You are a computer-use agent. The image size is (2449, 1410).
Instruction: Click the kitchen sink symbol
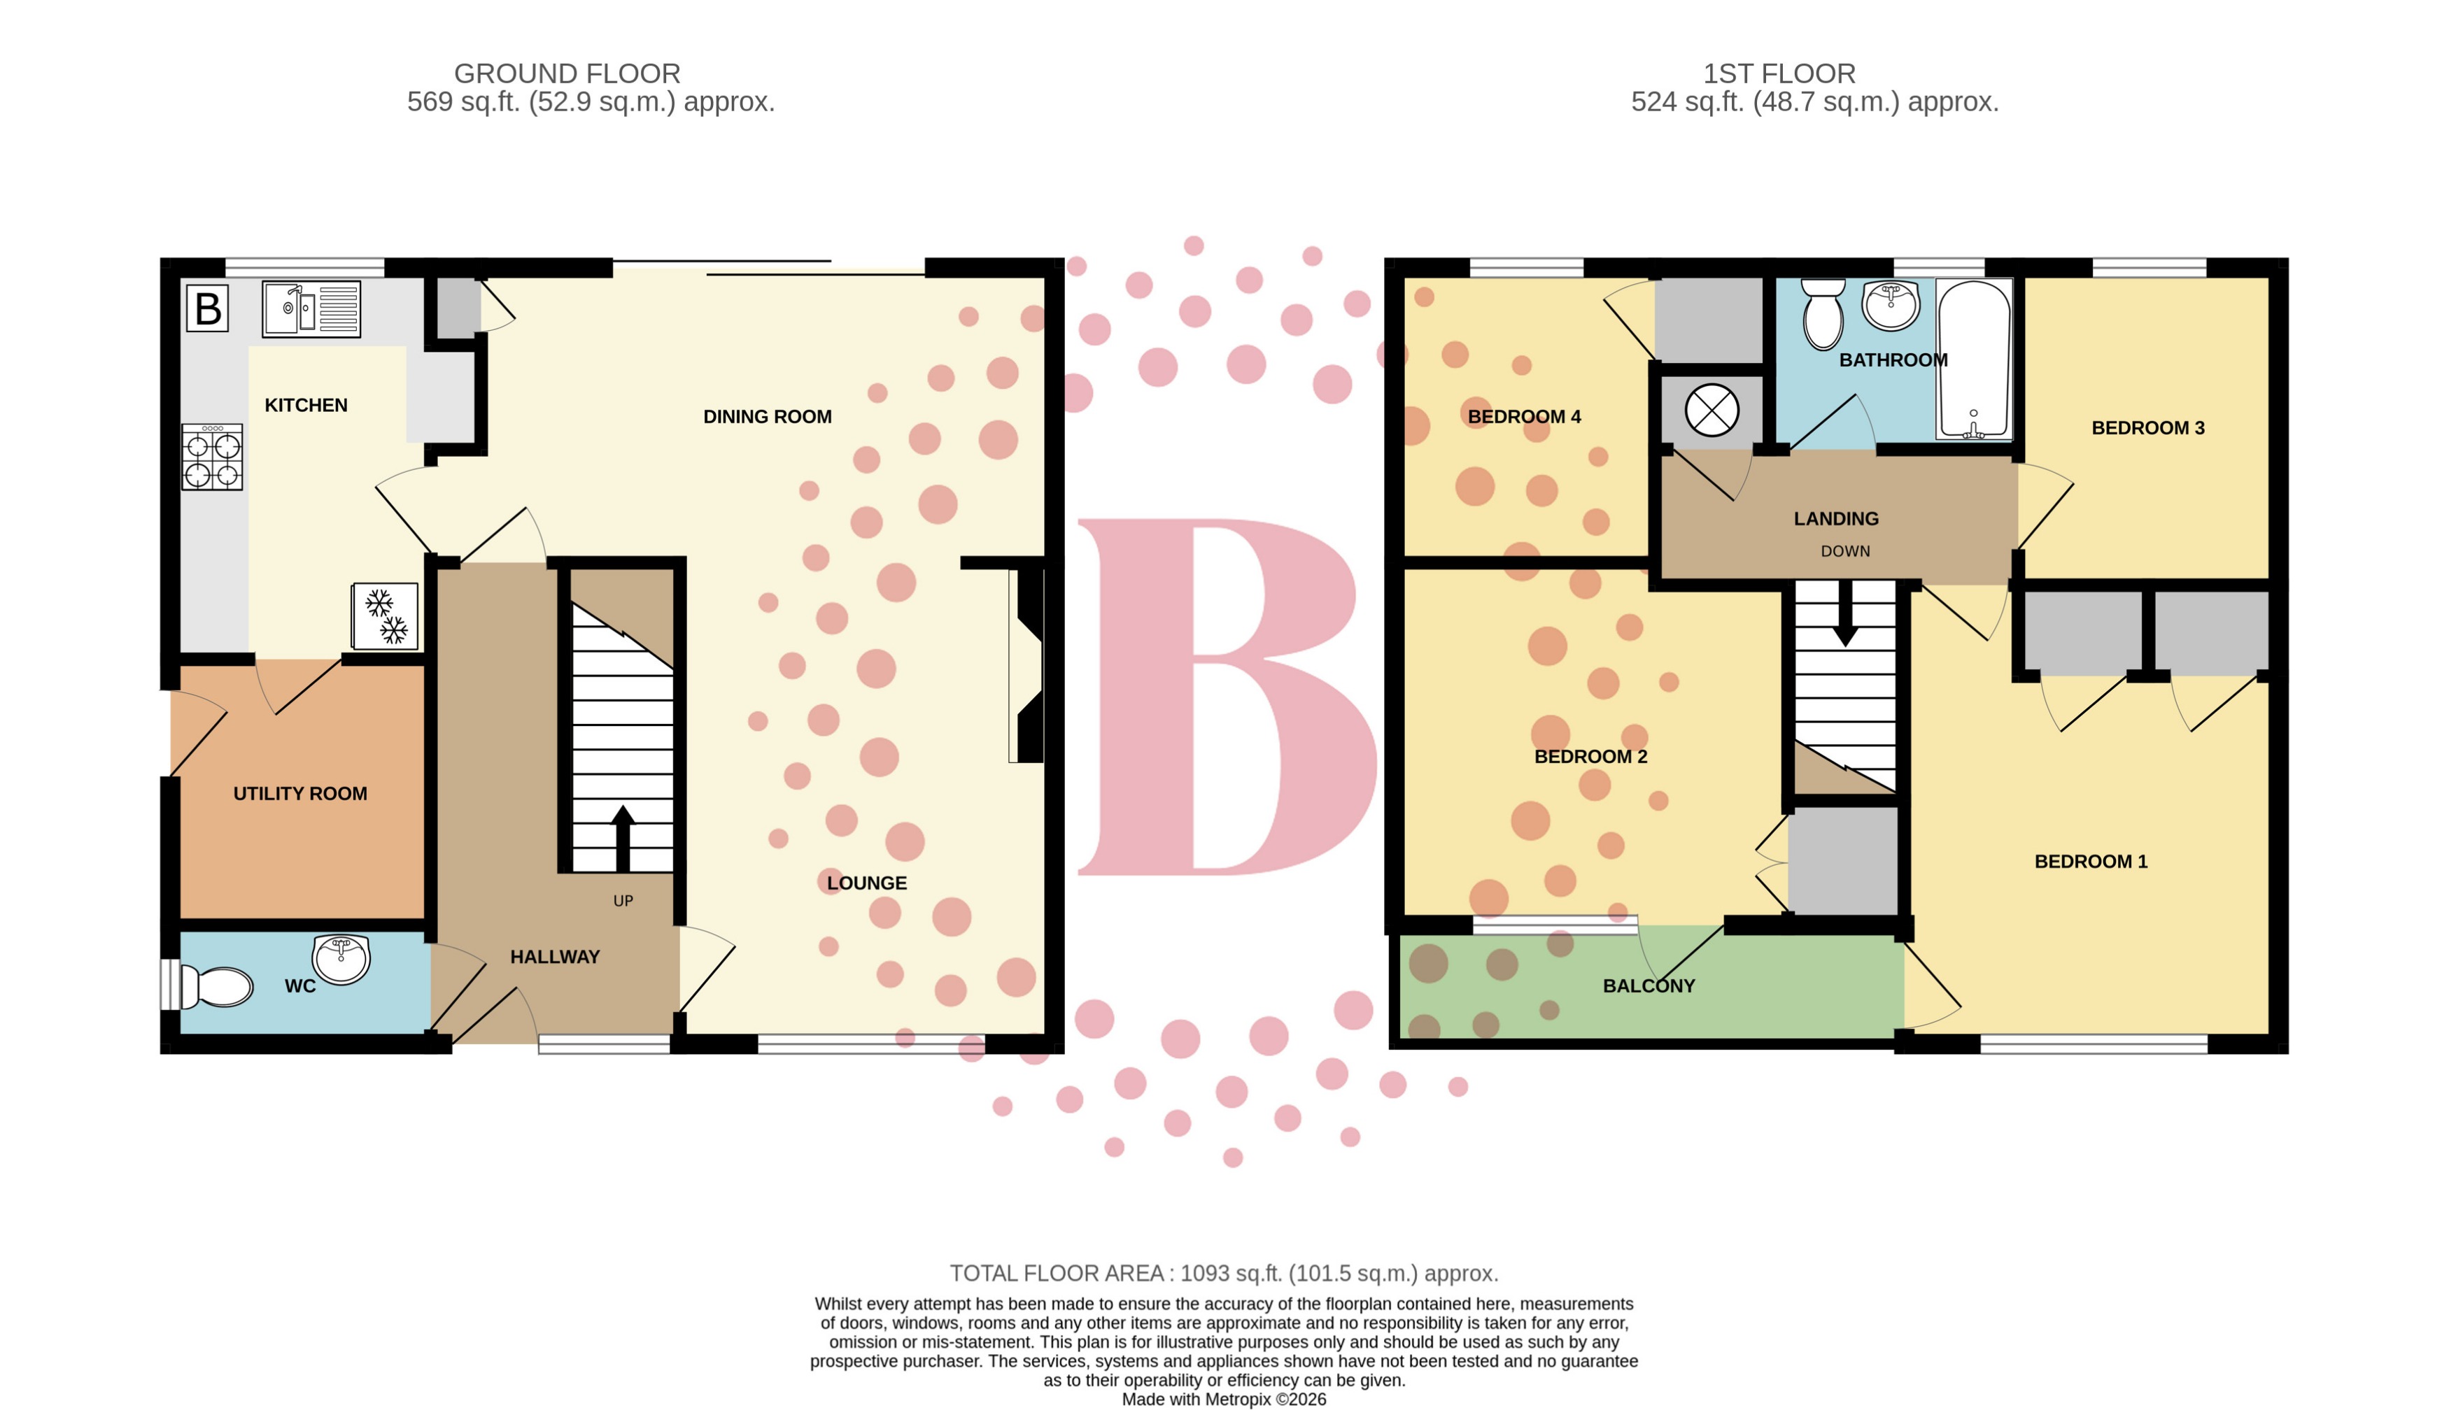click(311, 309)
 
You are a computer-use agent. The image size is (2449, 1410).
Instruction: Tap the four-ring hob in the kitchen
click(212, 458)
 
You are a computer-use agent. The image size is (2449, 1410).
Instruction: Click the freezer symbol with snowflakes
click(385, 616)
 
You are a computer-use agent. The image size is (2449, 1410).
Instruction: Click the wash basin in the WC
click(341, 959)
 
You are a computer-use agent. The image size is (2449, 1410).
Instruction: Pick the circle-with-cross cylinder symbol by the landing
click(1712, 411)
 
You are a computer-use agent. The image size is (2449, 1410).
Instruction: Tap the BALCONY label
click(1649, 986)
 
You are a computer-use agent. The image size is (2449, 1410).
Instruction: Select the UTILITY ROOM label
click(300, 794)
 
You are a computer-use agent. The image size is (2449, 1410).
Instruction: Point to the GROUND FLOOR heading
click(567, 73)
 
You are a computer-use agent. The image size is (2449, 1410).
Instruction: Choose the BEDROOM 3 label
click(2147, 428)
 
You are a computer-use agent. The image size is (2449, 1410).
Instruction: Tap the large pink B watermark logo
click(1225, 697)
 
